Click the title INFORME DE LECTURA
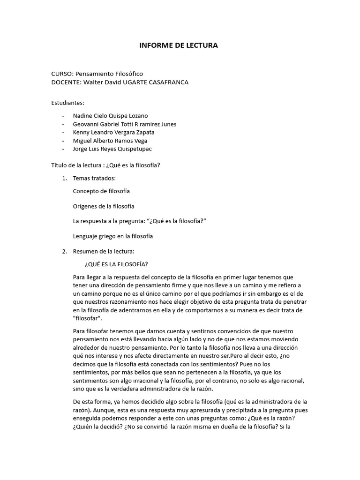click(179, 45)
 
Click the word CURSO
click(60, 74)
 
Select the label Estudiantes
click(67, 103)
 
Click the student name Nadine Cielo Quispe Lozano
click(110, 115)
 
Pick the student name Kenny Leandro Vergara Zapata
click(114, 132)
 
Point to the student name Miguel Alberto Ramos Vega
click(109, 141)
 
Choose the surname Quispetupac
click(133, 149)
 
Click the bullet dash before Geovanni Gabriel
click(63, 124)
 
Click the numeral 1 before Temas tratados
click(64, 178)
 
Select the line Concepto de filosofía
click(102, 191)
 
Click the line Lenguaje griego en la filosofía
click(113, 236)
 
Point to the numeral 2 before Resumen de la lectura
click(64, 251)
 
